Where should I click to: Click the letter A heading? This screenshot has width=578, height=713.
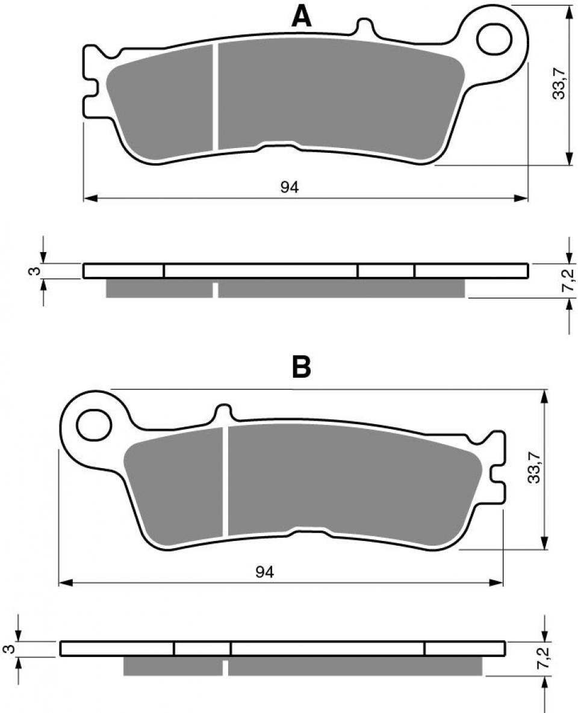tap(302, 16)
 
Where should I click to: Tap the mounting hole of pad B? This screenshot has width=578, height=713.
tap(95, 427)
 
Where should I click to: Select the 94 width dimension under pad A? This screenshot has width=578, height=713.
tap(289, 188)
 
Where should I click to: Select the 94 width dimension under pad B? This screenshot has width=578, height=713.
tap(264, 572)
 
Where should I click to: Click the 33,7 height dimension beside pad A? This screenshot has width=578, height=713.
tap(559, 83)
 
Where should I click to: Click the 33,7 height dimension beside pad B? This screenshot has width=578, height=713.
tap(533, 468)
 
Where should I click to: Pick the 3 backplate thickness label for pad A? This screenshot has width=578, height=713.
tap(37, 271)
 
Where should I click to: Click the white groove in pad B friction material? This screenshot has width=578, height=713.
tap(226, 481)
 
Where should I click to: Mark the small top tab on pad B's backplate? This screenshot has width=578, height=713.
tap(223, 413)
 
